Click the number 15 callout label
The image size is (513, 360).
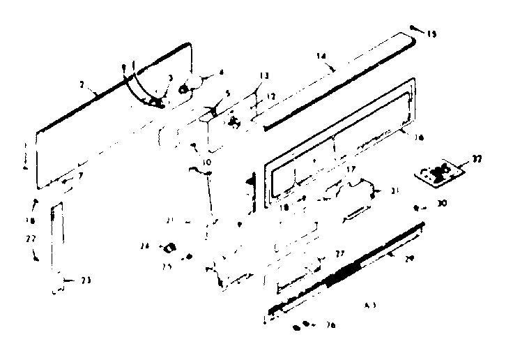(x=433, y=33)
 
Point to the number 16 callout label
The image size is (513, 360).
(x=419, y=138)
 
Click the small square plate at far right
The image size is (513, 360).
(x=440, y=173)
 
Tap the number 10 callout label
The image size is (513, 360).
(x=206, y=163)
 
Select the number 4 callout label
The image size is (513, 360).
(x=222, y=71)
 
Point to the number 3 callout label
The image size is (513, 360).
(x=170, y=78)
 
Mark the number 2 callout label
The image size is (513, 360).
(x=82, y=86)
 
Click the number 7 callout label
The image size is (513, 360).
(x=81, y=175)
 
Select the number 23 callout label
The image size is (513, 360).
(x=86, y=280)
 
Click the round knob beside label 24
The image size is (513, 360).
(x=169, y=247)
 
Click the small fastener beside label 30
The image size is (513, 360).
(x=417, y=208)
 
